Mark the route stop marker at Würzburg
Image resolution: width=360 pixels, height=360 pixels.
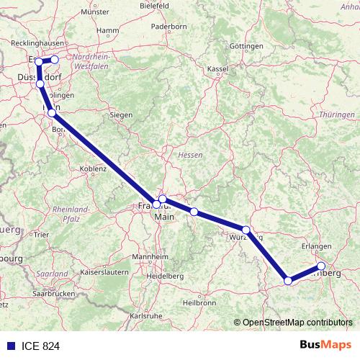pos(246,230)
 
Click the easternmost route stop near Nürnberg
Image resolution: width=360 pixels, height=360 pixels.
pos(321,266)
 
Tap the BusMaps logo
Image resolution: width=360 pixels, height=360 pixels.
pos(325,345)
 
